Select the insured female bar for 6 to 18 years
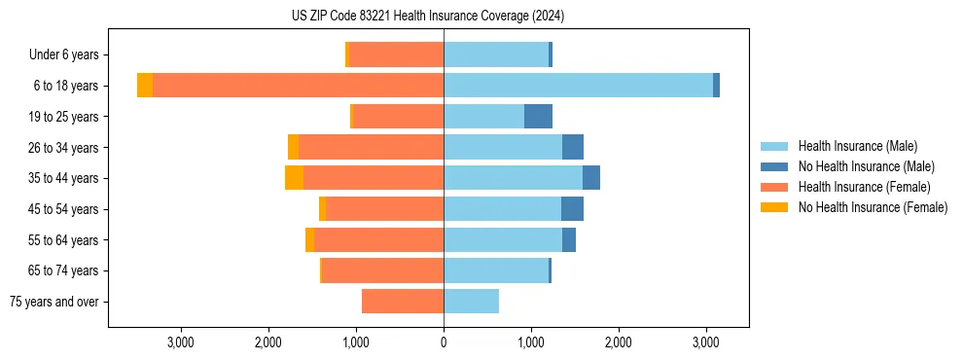[298, 86]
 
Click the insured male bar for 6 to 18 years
[578, 86]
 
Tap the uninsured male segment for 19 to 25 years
[538, 117]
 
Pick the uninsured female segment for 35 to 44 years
[294, 178]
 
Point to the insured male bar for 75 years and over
[471, 302]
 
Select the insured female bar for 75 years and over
[403, 302]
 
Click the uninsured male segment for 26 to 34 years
[572, 148]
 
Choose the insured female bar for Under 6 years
[396, 55]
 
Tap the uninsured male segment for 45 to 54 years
[572, 209]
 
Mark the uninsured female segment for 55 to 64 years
[309, 240]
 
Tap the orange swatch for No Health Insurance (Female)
[774, 207]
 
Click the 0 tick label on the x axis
[444, 342]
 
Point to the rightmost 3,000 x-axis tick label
[706, 342]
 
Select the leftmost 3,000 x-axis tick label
[181, 342]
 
